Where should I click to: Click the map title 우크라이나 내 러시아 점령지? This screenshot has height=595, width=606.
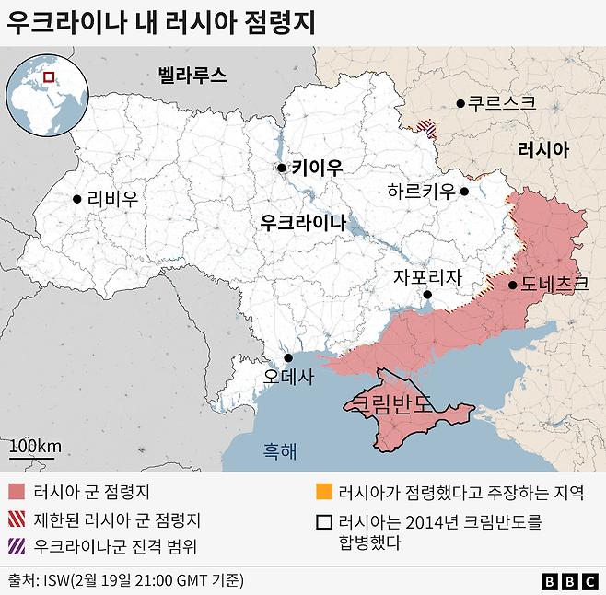160,24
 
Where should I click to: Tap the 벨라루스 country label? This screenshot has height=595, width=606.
192,75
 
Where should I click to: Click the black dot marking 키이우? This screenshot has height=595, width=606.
282,168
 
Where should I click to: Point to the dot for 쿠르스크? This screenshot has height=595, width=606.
460,103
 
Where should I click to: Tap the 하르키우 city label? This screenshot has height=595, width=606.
421,192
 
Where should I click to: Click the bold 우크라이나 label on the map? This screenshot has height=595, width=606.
303,222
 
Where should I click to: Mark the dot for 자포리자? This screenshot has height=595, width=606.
427,295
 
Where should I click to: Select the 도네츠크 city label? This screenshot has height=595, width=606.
554,285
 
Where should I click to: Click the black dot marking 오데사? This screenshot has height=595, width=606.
288,358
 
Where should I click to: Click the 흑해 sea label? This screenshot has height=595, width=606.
280,451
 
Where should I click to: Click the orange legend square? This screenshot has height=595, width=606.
322,492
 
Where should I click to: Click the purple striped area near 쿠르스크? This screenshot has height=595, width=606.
425,129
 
